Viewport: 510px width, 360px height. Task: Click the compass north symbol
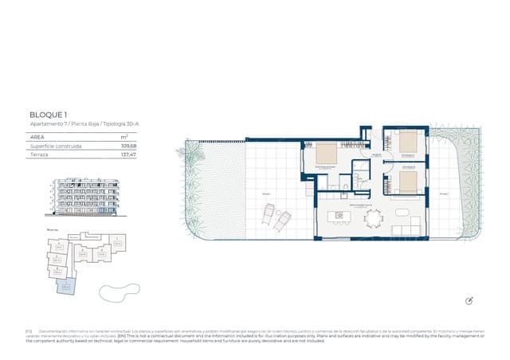click(469, 299)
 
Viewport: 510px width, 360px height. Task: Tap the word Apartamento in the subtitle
click(45, 126)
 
